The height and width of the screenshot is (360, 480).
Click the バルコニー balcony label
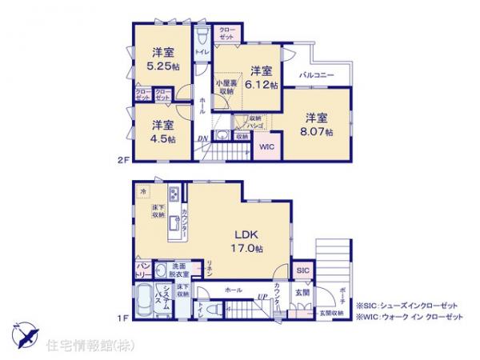(317, 77)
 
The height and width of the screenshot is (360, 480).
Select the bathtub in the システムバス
(144, 302)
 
